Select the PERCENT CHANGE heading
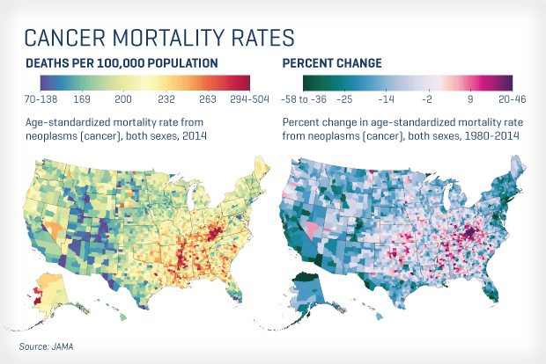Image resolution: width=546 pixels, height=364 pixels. (331, 63)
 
